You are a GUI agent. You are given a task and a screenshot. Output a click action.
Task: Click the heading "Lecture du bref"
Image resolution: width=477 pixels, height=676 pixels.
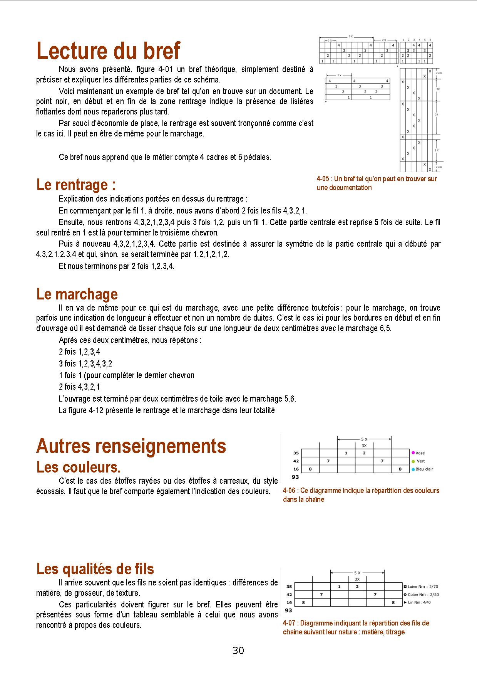tap(108, 51)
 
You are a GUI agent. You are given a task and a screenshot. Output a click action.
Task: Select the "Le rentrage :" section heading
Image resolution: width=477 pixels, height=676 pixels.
tap(76, 185)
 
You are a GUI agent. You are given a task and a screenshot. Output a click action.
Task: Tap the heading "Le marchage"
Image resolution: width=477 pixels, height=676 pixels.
tap(77, 294)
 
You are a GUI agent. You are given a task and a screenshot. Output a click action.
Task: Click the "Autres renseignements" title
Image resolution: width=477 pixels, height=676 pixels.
tap(131, 446)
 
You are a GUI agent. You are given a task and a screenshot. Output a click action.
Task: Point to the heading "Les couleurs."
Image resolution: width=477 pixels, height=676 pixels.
tap(79, 467)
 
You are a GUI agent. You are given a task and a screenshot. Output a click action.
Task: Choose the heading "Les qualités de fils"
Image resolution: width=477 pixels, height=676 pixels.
tap(95, 569)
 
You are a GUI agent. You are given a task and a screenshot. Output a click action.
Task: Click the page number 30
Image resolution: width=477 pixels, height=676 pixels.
tap(238, 651)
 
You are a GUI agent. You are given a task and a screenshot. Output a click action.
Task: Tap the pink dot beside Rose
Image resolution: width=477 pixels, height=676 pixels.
tap(413, 453)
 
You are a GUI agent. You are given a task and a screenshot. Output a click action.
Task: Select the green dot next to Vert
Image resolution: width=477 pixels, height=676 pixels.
tap(413, 461)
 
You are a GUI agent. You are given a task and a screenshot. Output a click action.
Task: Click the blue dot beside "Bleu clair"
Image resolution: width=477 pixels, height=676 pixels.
tap(413, 469)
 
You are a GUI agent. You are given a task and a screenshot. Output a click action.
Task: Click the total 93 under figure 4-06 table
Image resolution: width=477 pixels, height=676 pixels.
tap(296, 477)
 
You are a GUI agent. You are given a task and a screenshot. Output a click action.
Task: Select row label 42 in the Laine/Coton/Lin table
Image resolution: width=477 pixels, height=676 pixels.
tap(289, 595)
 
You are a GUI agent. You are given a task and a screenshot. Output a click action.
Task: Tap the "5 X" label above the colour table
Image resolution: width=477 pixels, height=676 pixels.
tap(364, 439)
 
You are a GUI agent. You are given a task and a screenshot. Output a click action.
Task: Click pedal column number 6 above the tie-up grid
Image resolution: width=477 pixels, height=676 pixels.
tap(430, 40)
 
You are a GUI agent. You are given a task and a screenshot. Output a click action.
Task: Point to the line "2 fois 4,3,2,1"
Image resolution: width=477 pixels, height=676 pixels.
tap(79, 387)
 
